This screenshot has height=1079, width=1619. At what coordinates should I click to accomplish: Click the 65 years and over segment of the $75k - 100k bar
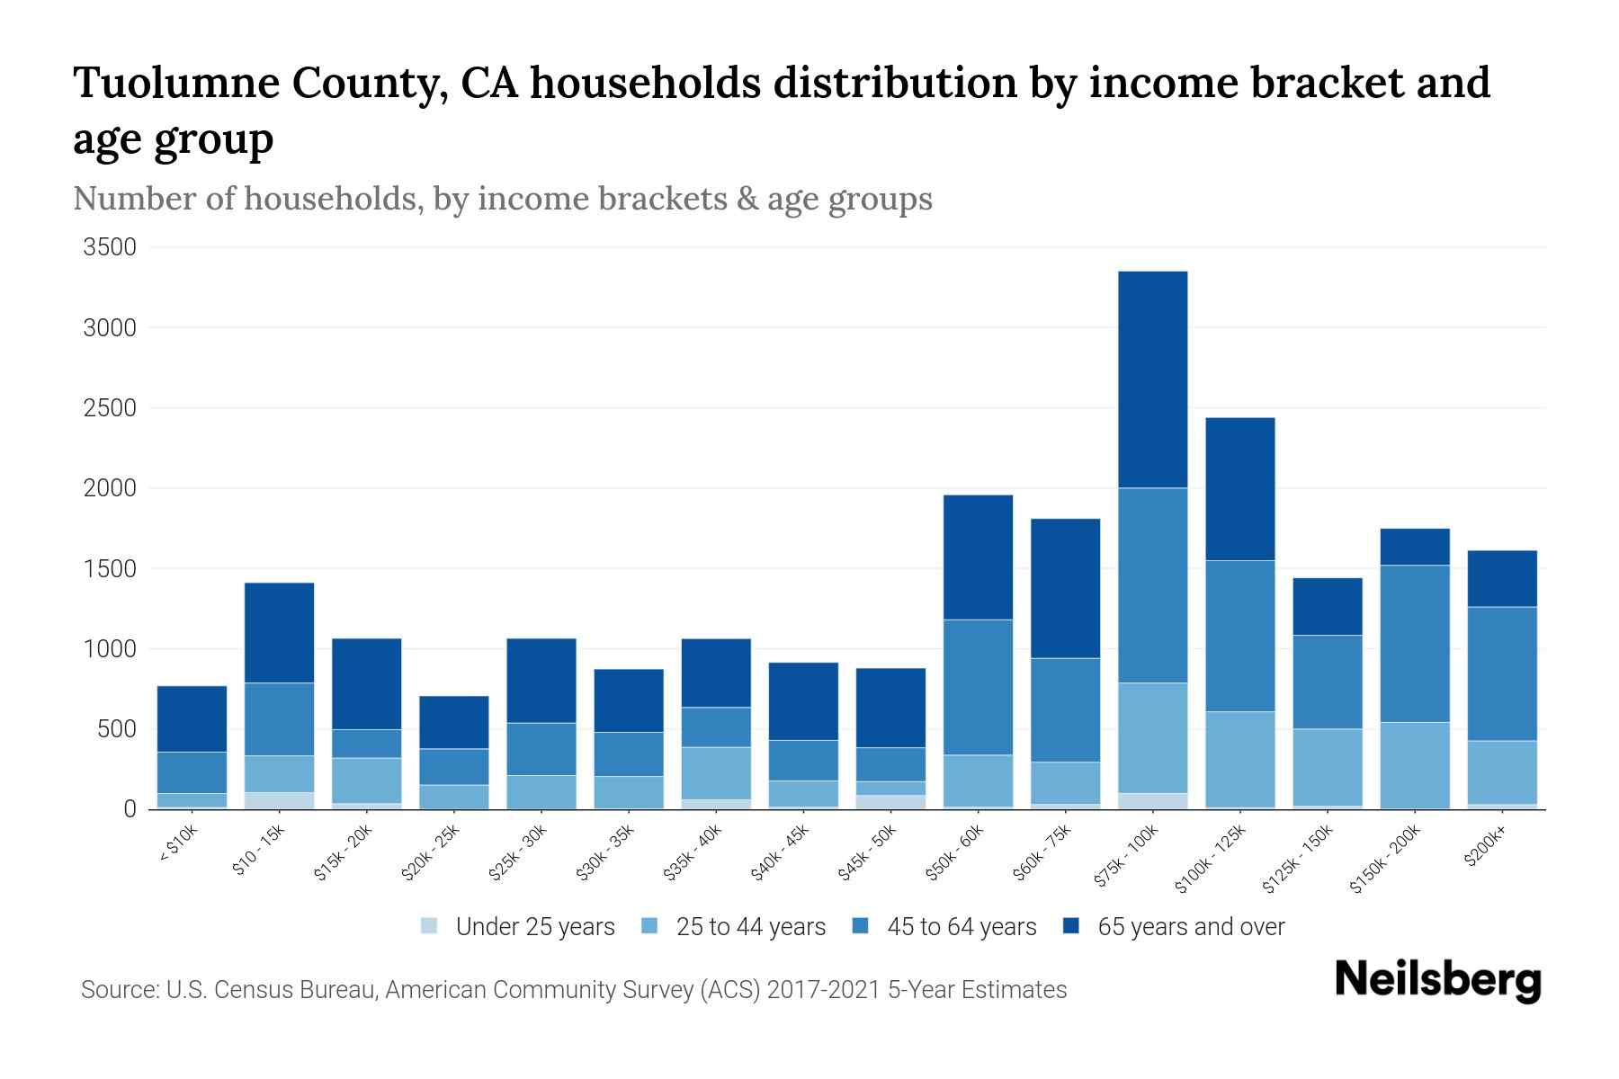1152,379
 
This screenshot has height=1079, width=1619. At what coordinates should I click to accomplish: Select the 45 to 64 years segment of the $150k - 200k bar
1415,644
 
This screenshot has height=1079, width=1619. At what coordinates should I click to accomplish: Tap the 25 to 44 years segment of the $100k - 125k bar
1239,759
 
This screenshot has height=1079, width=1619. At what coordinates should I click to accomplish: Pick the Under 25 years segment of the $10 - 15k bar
279,800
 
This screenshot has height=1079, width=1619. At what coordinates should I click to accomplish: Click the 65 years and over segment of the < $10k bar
192,718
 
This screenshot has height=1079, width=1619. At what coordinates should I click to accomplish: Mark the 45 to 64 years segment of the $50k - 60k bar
978,687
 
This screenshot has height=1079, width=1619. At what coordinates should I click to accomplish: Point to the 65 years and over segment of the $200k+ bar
1502,578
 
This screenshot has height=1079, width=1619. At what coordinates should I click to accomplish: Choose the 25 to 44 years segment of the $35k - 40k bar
716,773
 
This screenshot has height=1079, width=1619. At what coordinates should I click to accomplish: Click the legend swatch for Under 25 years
430,926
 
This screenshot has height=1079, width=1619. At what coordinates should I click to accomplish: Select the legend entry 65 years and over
1190,927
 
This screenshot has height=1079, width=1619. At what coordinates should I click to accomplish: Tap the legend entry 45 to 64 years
961,927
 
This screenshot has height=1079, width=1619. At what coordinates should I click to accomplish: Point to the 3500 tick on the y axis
110,247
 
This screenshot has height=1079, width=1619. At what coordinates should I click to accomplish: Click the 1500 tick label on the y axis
110,569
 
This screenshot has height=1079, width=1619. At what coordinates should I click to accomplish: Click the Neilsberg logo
1437,980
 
